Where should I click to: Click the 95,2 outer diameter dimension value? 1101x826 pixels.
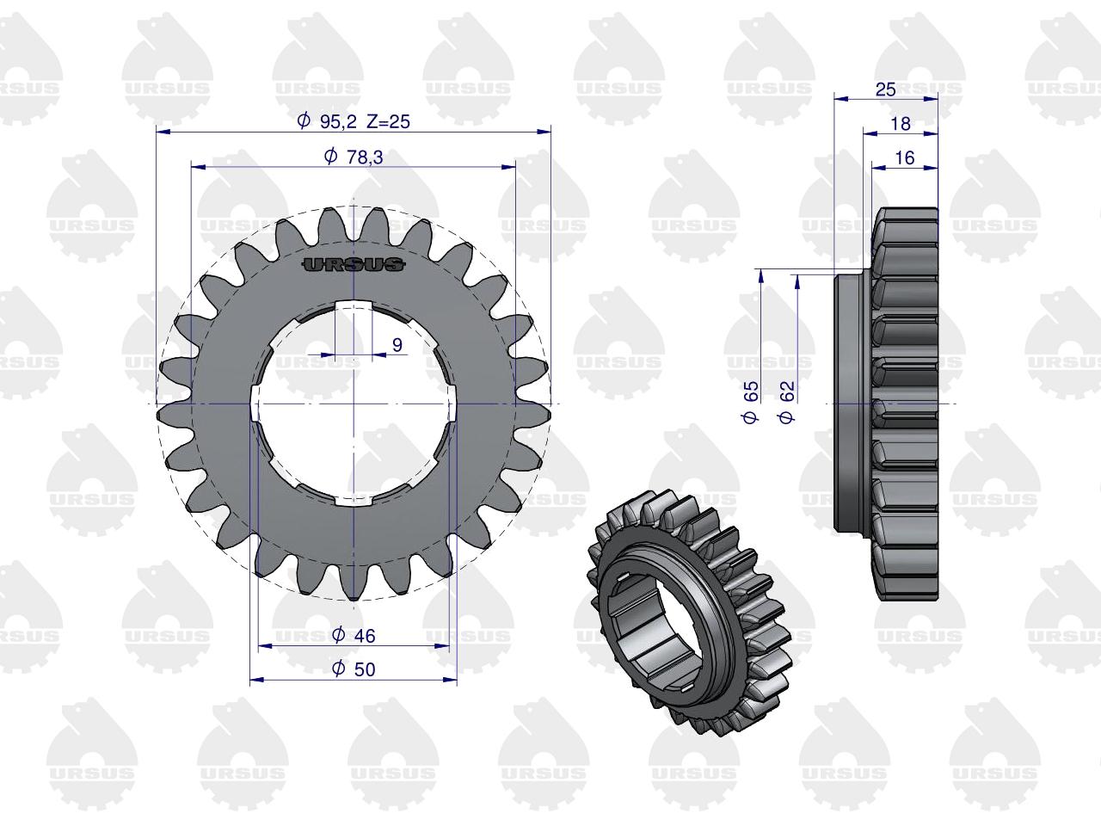(338, 121)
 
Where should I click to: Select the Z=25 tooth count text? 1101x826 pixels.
(388, 121)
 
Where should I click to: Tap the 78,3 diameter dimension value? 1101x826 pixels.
(365, 157)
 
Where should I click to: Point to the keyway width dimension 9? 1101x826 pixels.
(397, 345)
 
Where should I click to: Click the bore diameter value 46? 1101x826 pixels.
(365, 636)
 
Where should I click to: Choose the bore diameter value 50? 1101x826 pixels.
(365, 669)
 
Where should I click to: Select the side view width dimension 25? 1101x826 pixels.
(885, 89)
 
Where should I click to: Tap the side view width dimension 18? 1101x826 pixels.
(901, 124)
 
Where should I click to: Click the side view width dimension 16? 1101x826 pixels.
(904, 158)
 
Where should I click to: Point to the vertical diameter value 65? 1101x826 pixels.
(751, 391)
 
